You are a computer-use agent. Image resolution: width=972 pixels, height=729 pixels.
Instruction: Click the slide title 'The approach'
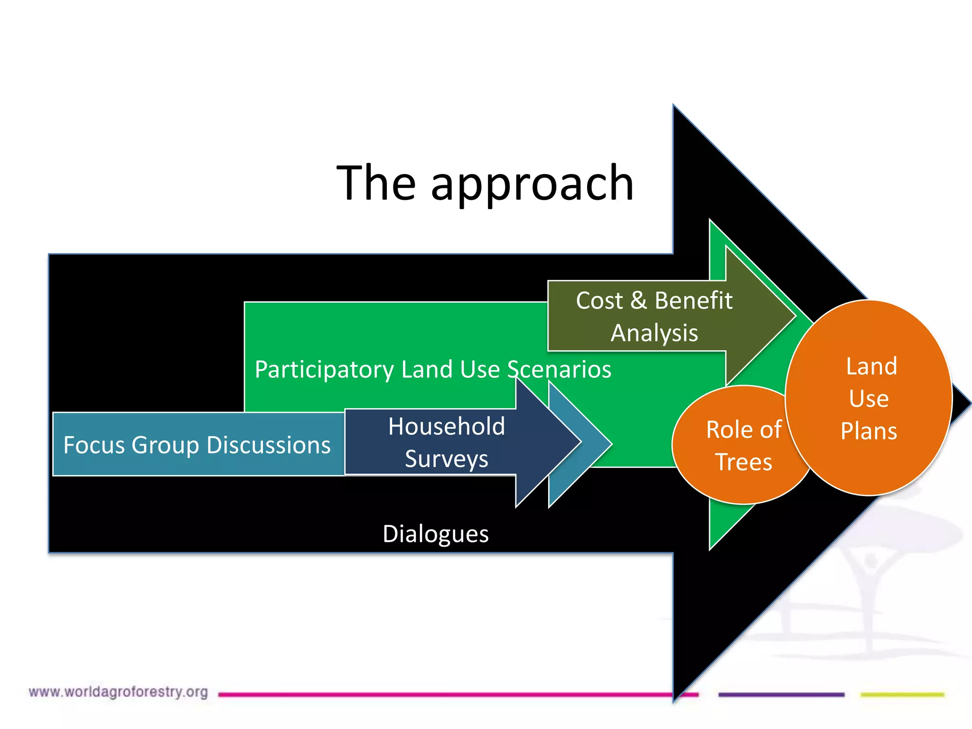[485, 183]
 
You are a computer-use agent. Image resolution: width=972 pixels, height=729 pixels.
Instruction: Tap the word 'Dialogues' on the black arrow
[435, 534]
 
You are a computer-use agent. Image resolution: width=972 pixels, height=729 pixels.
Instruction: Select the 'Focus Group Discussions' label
[197, 445]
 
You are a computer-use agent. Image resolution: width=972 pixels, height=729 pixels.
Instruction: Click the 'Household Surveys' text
[446, 442]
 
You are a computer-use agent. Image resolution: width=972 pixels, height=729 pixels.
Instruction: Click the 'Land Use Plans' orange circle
[869, 398]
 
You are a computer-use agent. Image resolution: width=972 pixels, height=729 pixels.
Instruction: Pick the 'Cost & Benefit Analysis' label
[654, 316]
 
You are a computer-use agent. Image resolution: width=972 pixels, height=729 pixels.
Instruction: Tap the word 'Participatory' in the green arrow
[324, 369]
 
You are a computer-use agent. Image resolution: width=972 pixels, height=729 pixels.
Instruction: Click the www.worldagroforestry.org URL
[118, 692]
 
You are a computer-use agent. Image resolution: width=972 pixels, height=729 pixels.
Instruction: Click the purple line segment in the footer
[781, 694]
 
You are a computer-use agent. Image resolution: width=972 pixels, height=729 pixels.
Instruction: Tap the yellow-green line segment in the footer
[902, 694]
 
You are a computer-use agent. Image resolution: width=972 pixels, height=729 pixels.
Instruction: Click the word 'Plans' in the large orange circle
[869, 431]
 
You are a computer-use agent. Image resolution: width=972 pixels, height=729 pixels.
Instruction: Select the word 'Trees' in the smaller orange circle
[744, 462]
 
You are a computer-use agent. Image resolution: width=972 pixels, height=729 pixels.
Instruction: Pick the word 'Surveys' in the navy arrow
[446, 459]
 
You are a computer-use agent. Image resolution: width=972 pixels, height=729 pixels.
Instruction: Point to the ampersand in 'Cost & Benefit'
[638, 300]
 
